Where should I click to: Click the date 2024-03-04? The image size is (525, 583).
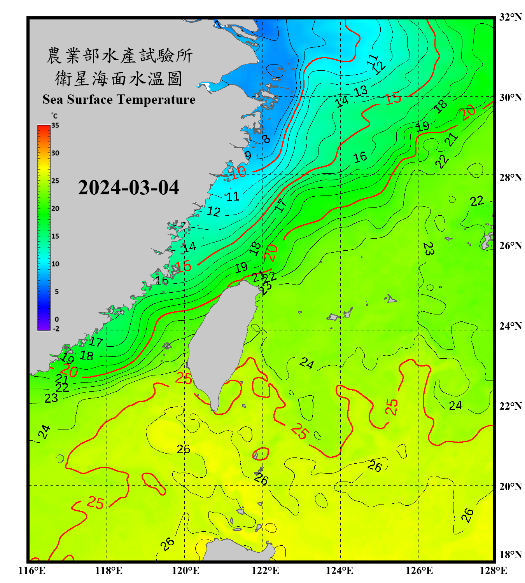128,188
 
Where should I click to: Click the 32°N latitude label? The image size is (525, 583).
510,17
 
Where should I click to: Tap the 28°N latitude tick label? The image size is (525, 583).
510,178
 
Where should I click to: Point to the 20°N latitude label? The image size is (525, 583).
510,486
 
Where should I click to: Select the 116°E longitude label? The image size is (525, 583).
32,571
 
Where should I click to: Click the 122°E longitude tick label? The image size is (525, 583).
265,571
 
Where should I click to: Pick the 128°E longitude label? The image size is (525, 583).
493,571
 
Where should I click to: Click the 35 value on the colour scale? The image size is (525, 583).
55,126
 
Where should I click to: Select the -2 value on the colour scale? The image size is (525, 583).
56,329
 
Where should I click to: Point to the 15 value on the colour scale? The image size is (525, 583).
55,236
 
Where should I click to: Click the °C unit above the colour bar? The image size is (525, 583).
54,116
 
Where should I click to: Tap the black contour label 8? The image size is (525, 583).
266,139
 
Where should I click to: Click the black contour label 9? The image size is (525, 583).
248,155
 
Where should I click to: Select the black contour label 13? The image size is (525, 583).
360,91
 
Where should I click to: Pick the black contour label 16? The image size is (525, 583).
360,157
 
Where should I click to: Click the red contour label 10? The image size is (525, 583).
238,172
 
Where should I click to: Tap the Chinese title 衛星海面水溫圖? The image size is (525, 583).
119,79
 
